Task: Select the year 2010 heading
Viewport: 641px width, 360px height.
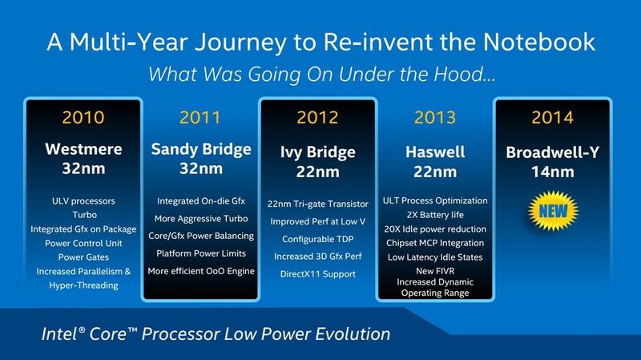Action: pos(83,117)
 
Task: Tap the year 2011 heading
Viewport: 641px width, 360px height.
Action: pos(200,117)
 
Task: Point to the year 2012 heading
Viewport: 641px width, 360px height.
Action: pos(317,117)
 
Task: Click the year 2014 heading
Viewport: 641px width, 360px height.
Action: pos(552,117)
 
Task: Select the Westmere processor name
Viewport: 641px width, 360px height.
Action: pos(83,149)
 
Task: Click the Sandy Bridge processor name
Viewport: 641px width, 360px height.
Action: pos(200,149)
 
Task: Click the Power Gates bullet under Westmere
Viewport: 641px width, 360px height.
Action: pos(83,257)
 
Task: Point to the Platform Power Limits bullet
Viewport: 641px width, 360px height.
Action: pos(200,253)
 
